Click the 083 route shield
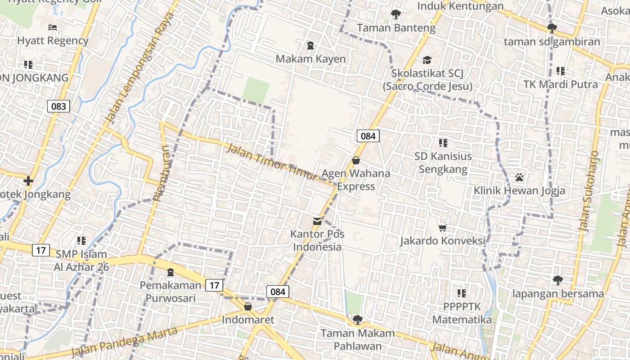point(58,106)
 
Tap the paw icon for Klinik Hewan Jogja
point(519,177)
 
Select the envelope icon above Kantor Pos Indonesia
point(317,221)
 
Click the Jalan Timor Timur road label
point(271,162)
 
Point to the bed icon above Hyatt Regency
point(53,27)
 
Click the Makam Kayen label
point(310,59)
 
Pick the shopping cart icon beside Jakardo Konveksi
point(443,228)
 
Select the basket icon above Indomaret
point(247,307)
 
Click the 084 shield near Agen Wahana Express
point(368,135)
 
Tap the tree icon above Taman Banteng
point(396,14)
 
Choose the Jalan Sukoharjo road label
point(590,191)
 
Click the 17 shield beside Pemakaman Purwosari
point(215,285)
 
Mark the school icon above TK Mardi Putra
point(560,71)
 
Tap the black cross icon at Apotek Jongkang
point(28,181)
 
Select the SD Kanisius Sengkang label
point(443,163)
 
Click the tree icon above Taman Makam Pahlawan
point(358,320)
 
